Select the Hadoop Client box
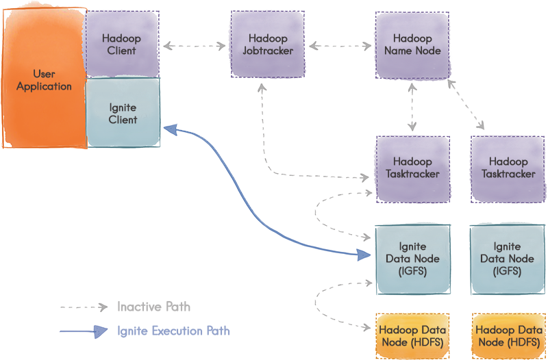(122, 44)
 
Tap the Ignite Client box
(123, 113)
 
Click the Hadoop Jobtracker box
(268, 44)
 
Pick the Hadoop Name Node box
(412, 44)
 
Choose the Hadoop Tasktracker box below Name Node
(412, 168)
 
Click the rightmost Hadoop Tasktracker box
(508, 168)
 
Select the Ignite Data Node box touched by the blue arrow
(412, 259)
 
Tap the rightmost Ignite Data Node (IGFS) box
(507, 259)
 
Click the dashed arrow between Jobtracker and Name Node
(340, 47)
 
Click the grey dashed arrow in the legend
(84, 307)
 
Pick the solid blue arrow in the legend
(84, 332)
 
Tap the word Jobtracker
(268, 51)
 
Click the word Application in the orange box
(44, 87)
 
